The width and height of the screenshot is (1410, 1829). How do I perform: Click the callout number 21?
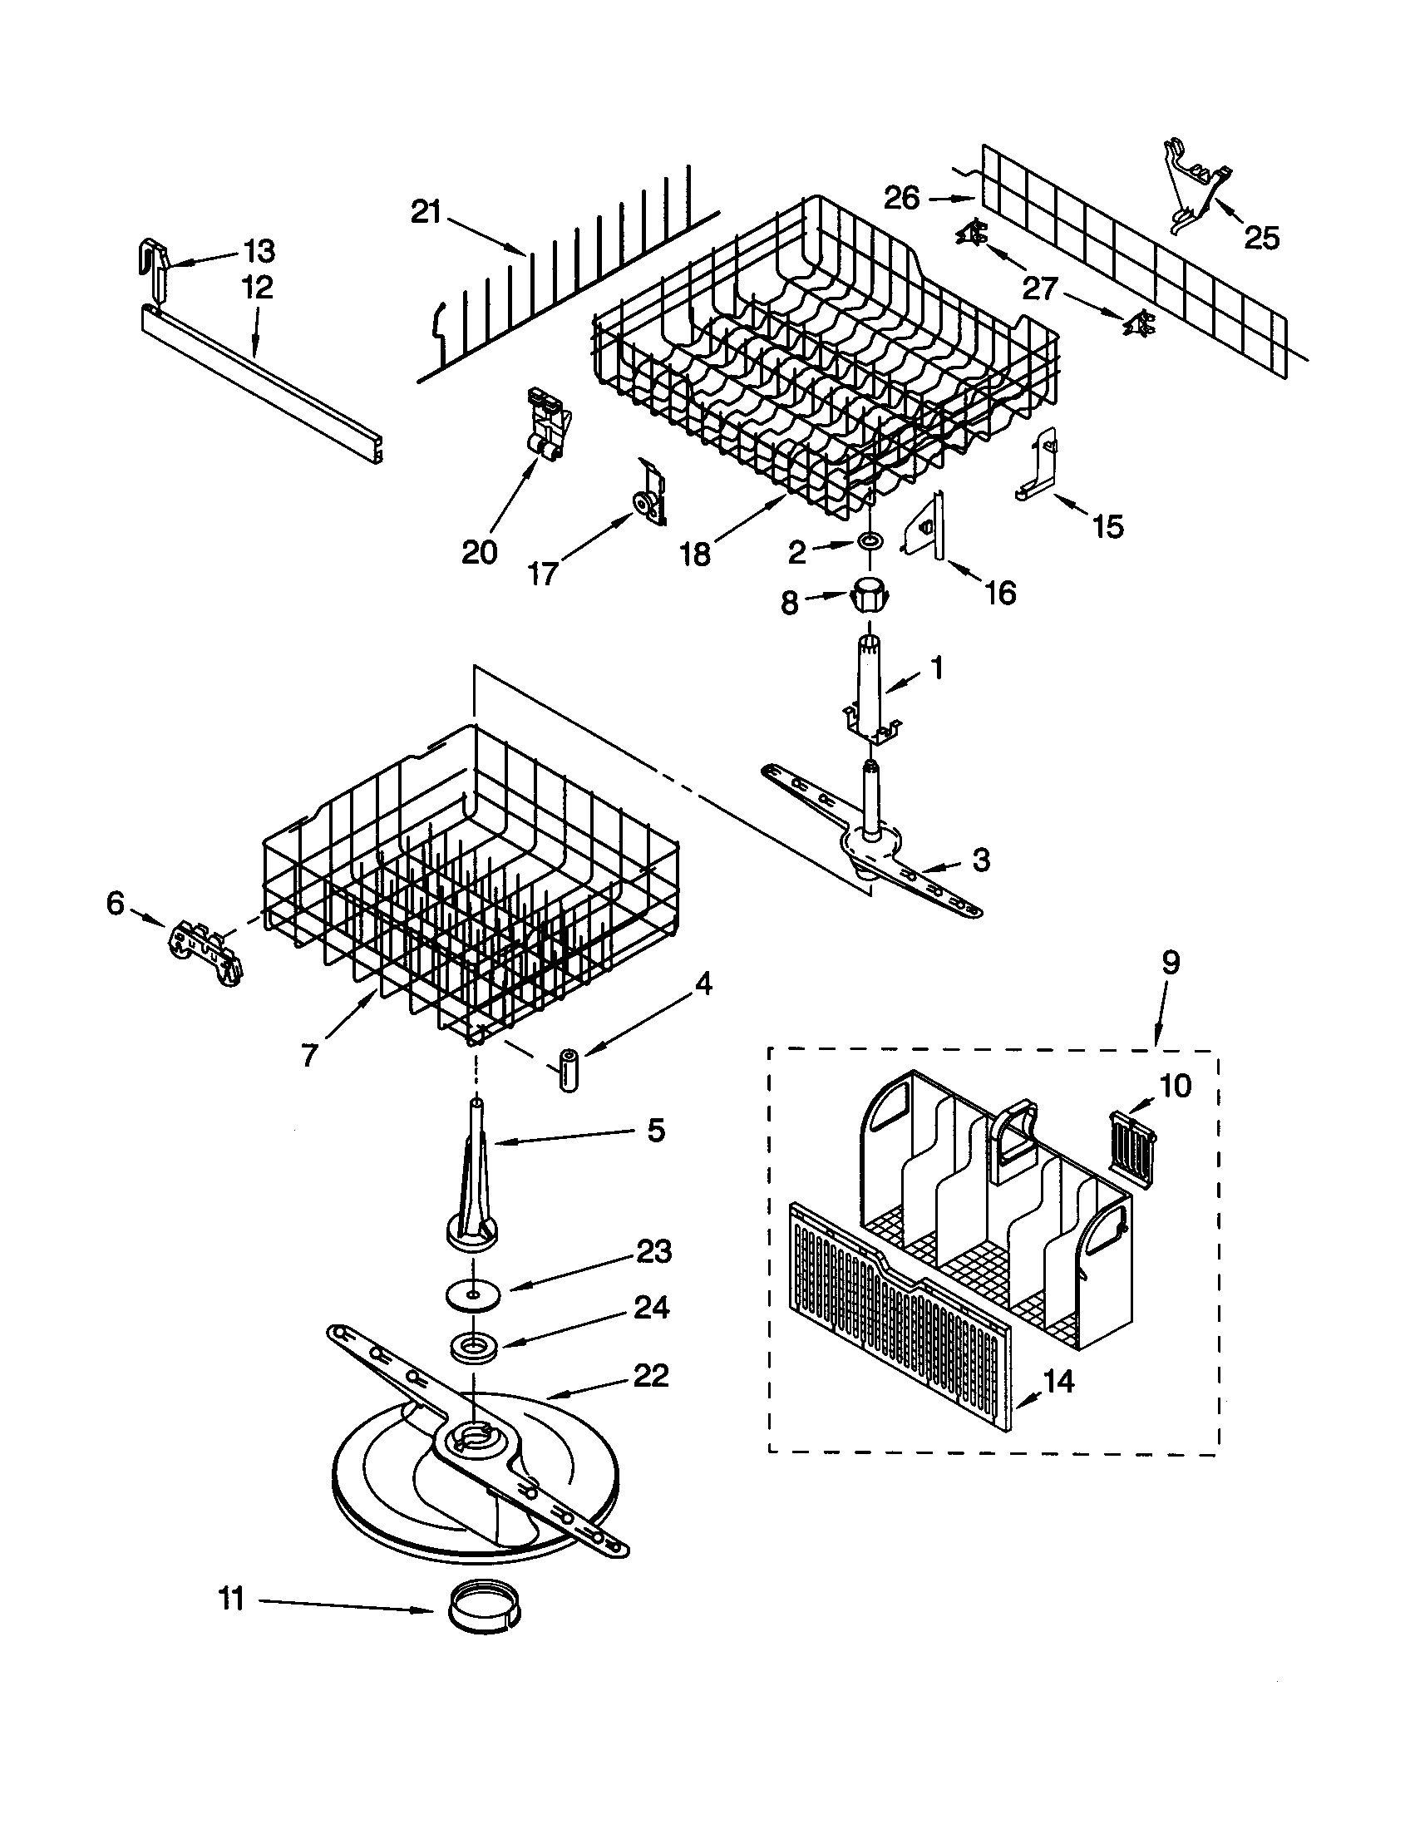(x=426, y=213)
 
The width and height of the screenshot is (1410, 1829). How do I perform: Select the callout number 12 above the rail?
(x=257, y=288)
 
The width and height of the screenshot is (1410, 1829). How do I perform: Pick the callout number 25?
(x=1262, y=239)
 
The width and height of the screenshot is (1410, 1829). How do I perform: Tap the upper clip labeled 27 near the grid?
(x=972, y=234)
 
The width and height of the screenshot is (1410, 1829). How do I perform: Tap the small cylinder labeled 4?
(x=570, y=1068)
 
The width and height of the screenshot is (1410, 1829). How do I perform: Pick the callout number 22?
(x=651, y=1375)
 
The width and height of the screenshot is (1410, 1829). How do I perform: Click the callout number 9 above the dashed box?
(x=1171, y=963)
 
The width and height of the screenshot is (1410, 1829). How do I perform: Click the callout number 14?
(x=1058, y=1381)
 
